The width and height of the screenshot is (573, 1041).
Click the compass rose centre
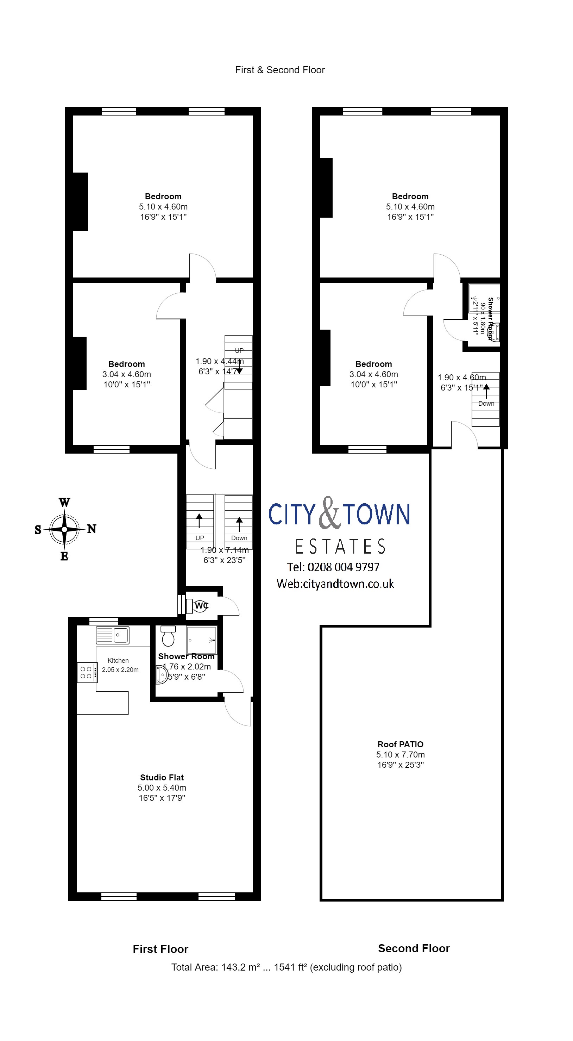(65, 529)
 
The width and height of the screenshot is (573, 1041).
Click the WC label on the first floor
(201, 605)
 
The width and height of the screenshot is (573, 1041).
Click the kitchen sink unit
(112, 635)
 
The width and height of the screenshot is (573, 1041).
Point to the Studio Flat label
(162, 777)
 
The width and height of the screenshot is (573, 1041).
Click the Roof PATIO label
(400, 744)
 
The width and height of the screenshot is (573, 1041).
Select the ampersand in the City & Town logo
(329, 513)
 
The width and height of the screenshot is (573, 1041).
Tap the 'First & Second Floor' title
(280, 70)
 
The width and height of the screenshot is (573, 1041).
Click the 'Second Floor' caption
(414, 948)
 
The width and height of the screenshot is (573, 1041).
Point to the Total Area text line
(286, 967)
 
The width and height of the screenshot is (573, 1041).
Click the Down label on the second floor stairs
(486, 403)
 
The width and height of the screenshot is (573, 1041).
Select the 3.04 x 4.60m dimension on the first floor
(126, 374)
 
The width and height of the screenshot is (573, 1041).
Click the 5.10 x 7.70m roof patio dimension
(400, 754)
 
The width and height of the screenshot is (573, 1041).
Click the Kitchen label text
(118, 660)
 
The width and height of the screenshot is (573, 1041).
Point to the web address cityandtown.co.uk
(335, 584)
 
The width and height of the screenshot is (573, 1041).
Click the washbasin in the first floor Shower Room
(162, 674)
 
